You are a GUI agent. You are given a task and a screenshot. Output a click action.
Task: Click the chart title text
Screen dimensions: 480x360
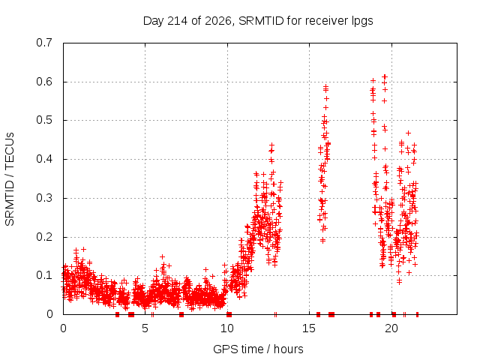click(x=258, y=21)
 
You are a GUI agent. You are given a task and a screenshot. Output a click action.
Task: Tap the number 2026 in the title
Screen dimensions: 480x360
click(x=218, y=21)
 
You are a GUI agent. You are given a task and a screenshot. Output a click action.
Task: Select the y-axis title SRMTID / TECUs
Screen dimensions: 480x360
click(x=10, y=179)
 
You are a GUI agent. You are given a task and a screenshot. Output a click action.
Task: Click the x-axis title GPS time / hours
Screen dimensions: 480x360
click(x=258, y=349)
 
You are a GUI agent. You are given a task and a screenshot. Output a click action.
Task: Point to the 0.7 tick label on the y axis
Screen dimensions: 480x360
click(x=44, y=43)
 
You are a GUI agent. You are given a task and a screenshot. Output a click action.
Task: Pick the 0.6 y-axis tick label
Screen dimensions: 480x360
click(x=44, y=82)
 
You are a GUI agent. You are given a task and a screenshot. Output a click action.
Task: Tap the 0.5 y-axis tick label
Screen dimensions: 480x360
click(x=44, y=120)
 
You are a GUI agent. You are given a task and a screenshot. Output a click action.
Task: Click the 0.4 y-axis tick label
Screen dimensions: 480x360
click(x=44, y=159)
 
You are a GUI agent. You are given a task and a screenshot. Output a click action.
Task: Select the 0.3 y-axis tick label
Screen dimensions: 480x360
click(x=44, y=198)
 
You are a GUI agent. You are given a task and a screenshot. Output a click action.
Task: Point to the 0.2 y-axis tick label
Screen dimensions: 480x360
click(x=44, y=237)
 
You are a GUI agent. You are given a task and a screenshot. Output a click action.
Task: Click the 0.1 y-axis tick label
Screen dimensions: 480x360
click(x=44, y=275)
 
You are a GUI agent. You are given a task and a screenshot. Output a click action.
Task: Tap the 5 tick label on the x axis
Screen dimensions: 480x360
click(x=145, y=328)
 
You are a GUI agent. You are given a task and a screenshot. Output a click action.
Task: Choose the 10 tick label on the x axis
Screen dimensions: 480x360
click(x=227, y=328)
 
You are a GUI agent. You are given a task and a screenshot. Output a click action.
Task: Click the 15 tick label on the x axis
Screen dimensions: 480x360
click(x=309, y=328)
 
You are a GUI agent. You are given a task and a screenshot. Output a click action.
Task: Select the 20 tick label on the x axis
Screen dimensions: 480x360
click(x=391, y=328)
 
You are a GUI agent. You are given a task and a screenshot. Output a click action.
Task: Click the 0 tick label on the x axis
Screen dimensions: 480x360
click(x=63, y=328)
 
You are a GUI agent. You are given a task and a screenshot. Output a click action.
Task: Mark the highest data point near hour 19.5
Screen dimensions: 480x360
click(x=385, y=76)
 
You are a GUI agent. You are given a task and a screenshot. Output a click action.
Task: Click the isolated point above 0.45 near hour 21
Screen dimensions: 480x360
click(x=408, y=133)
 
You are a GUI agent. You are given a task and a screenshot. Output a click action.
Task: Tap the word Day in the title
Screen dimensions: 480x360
click(x=154, y=22)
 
